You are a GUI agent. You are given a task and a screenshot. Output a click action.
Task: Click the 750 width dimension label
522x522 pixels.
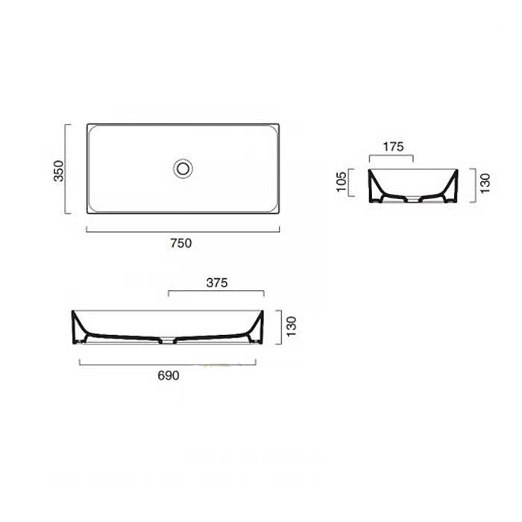tap(181, 243)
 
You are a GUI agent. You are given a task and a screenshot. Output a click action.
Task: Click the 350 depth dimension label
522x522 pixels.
tap(59, 171)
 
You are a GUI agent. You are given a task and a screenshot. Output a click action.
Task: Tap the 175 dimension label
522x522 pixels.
tap(394, 146)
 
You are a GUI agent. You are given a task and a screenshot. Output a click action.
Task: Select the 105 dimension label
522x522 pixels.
tap(342, 182)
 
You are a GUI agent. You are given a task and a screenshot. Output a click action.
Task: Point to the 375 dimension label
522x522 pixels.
tap(217, 283)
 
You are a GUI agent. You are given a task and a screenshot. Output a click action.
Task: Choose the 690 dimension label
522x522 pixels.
tap(169, 376)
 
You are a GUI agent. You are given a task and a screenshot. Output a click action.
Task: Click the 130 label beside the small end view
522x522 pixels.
tap(485, 183)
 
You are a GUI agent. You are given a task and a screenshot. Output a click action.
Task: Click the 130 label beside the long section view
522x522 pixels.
tap(292, 327)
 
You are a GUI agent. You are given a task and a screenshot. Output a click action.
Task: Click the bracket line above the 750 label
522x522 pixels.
tap(183, 231)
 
